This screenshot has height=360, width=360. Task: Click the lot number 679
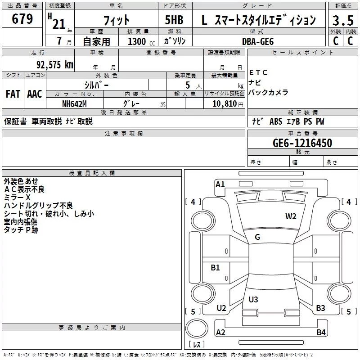click(22, 18)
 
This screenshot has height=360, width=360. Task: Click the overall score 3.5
click(343, 20)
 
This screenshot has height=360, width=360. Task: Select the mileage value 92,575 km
click(55, 65)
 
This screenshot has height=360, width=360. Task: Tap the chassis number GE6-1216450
click(302, 143)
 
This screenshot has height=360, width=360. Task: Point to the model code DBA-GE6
click(258, 41)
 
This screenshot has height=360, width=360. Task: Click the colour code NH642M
click(74, 104)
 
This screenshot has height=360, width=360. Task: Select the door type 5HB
click(174, 20)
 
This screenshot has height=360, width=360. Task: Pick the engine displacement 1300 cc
click(141, 41)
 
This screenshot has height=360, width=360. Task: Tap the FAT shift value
click(13, 94)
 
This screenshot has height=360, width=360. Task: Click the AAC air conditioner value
click(35, 94)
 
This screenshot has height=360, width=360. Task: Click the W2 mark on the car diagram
click(291, 216)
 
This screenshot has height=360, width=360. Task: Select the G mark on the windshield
click(257, 237)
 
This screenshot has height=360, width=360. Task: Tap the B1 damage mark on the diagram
click(215, 267)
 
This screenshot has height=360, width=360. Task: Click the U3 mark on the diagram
click(253, 299)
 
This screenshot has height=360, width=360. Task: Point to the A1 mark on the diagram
click(220, 184)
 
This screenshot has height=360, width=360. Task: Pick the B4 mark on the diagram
click(321, 332)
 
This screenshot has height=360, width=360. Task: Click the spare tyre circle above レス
click(197, 328)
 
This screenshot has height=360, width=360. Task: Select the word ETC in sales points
click(258, 72)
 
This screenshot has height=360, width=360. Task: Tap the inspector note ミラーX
click(17, 198)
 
